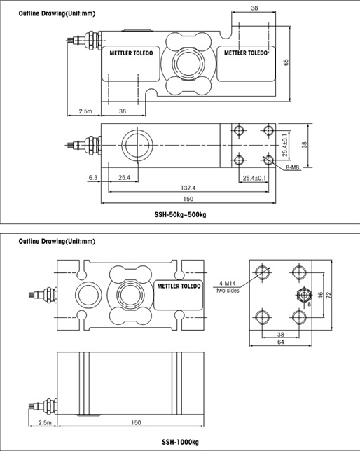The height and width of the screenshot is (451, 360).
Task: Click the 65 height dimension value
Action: [x=286, y=62]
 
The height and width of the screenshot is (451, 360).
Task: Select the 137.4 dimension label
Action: [x=188, y=188]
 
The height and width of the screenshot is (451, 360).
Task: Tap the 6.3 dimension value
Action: [x=93, y=178]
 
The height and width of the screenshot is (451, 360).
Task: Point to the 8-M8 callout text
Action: [x=293, y=167]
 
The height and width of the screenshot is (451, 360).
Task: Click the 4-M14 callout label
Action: [x=228, y=284]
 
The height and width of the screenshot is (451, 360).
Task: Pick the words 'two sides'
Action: [x=228, y=291]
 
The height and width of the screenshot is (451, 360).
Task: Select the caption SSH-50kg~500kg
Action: [x=180, y=215]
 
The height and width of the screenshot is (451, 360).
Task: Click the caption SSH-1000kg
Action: [x=180, y=442]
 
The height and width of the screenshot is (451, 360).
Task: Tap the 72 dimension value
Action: [x=329, y=295]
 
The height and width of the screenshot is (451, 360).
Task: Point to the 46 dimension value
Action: [x=321, y=295]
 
